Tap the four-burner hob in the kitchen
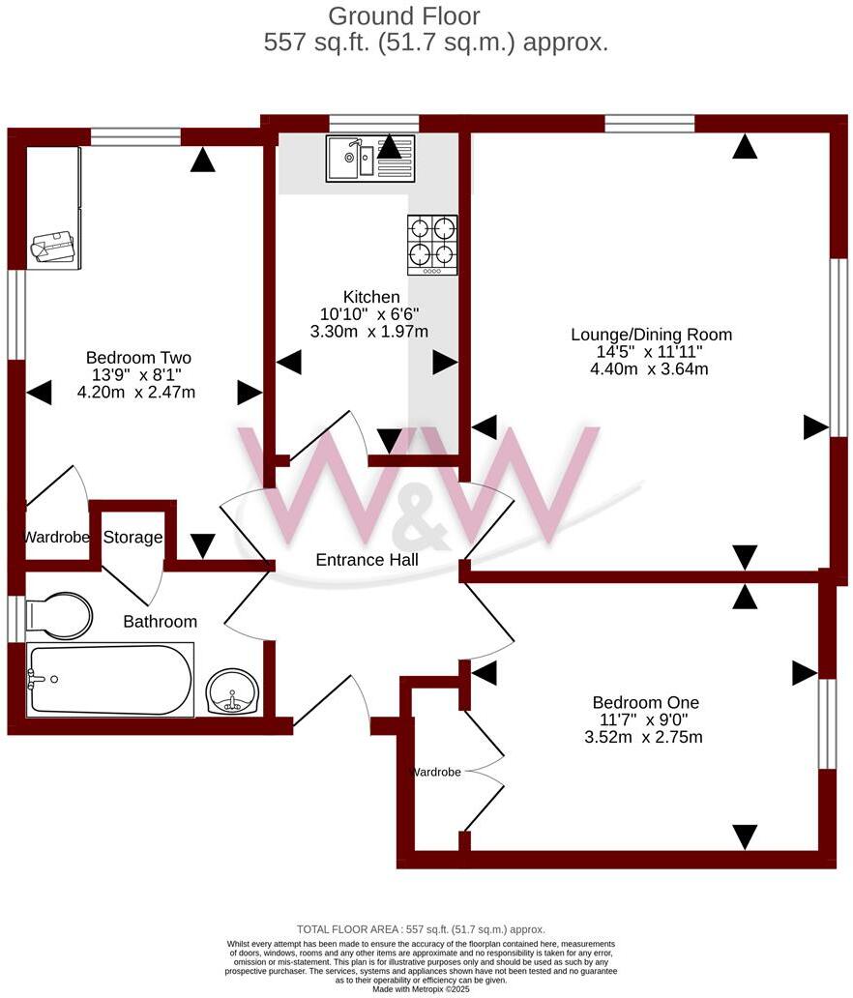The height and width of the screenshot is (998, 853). tap(431, 243)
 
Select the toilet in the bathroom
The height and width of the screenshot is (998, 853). tap(59, 616)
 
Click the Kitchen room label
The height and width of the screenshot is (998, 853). tap(370, 297)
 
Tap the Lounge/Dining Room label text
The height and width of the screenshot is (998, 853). tap(650, 335)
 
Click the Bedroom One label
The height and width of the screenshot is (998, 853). tap(645, 702)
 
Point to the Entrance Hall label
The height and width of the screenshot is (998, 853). tap(367, 560)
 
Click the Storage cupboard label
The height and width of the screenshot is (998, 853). tap(132, 538)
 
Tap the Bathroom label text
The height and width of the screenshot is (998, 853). tap(160, 622)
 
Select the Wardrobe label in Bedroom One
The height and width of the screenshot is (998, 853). tap(436, 772)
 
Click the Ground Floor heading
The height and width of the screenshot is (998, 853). tap(404, 16)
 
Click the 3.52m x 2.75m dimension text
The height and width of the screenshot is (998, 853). tap(645, 737)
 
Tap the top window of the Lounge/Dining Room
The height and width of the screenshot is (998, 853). tap(650, 123)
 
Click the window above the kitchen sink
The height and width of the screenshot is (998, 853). tap(373, 123)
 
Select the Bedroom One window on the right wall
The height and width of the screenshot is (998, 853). tap(827, 723)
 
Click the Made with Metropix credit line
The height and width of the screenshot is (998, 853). tap(421, 988)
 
